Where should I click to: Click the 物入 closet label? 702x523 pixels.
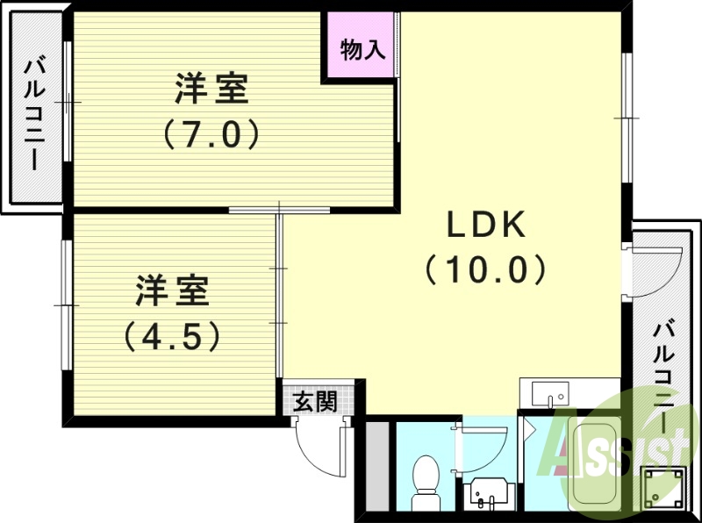(362, 50)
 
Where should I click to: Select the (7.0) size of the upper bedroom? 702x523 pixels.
(211, 133)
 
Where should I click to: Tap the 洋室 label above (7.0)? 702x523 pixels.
(211, 90)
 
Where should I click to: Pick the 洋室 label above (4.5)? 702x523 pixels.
(172, 291)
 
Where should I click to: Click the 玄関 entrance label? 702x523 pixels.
(314, 402)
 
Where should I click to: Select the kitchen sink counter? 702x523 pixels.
(545, 392)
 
